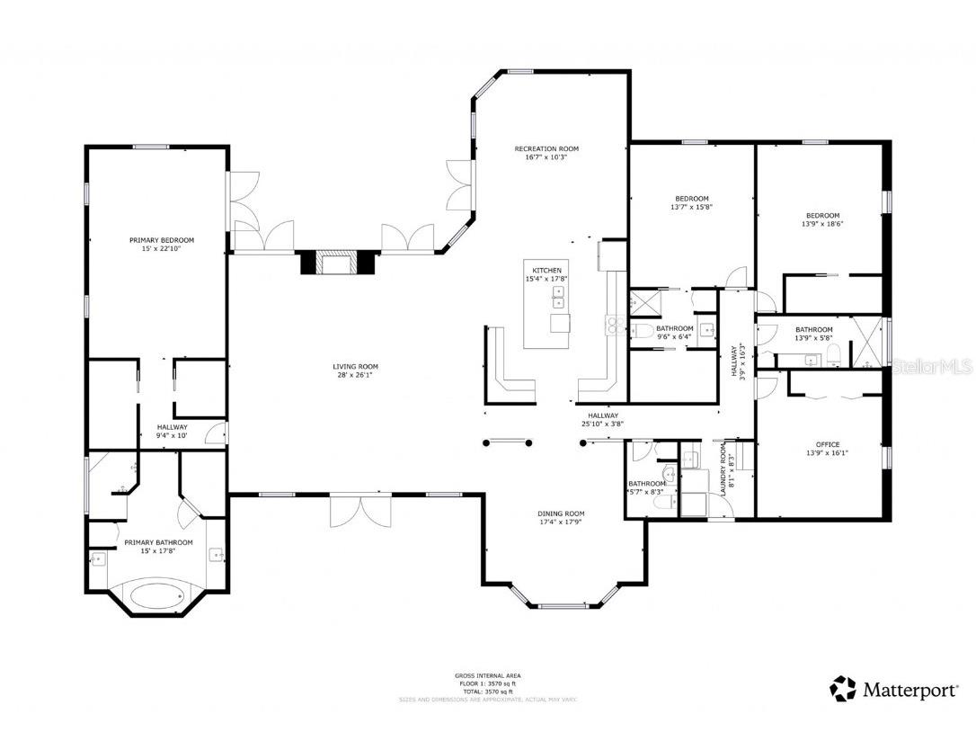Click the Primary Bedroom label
coord(162,240)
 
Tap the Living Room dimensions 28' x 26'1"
coord(355,376)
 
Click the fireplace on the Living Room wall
coord(338,263)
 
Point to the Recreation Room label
coord(546,148)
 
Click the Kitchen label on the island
coord(547,270)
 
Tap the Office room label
coord(828,444)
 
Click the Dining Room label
coord(562,513)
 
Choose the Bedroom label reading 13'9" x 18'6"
coord(822,216)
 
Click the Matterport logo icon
coord(843,689)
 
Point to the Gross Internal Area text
coord(487,675)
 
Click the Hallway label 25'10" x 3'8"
coord(603,415)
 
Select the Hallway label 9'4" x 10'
coord(172,427)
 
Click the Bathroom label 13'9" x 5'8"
coord(814,329)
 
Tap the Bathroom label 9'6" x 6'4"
coord(674,328)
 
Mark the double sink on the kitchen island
coord(558,297)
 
